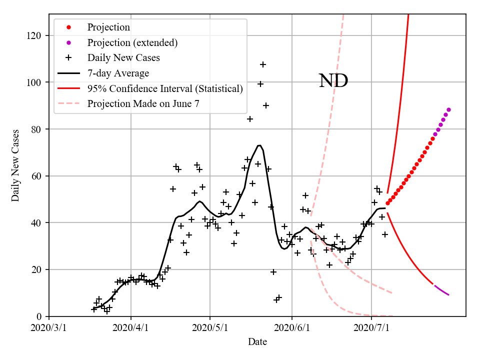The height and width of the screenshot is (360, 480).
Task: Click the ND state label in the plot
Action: [333, 80]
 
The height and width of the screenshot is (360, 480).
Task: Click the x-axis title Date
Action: [257, 342]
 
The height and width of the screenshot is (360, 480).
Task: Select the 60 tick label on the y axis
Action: [36, 176]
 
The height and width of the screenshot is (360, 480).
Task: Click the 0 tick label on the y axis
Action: [39, 316]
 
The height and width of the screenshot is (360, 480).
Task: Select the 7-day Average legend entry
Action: [118, 73]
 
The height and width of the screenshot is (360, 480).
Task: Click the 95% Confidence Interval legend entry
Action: [165, 89]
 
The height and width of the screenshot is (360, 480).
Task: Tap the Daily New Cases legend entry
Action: [123, 58]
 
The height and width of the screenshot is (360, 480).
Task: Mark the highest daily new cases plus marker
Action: [263, 64]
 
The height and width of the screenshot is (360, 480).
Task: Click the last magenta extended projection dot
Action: [448, 109]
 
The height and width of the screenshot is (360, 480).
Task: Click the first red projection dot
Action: [387, 202]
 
